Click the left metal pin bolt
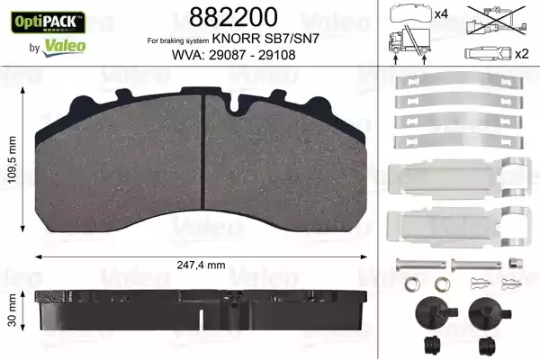pos(420,265)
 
